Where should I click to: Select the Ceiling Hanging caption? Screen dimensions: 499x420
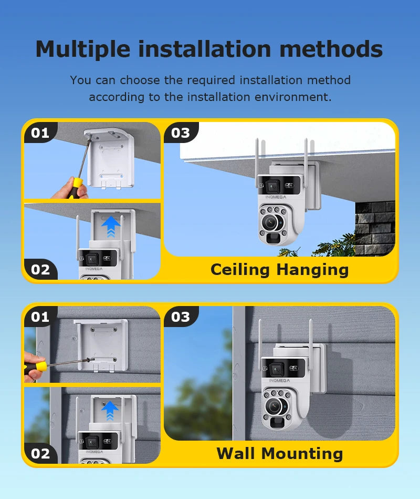279,270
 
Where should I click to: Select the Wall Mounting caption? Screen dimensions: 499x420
279,453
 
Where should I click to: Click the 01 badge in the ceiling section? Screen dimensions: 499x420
40,133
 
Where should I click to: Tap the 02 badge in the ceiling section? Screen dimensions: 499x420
40,270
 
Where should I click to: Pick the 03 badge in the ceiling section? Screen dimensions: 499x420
180,133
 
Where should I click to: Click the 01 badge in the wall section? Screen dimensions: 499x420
40,317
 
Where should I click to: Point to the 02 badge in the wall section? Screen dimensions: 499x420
40,453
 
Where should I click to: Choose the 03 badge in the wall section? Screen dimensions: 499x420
180,317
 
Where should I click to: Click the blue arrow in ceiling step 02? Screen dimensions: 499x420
111,227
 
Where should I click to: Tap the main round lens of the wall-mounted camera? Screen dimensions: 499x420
275,405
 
